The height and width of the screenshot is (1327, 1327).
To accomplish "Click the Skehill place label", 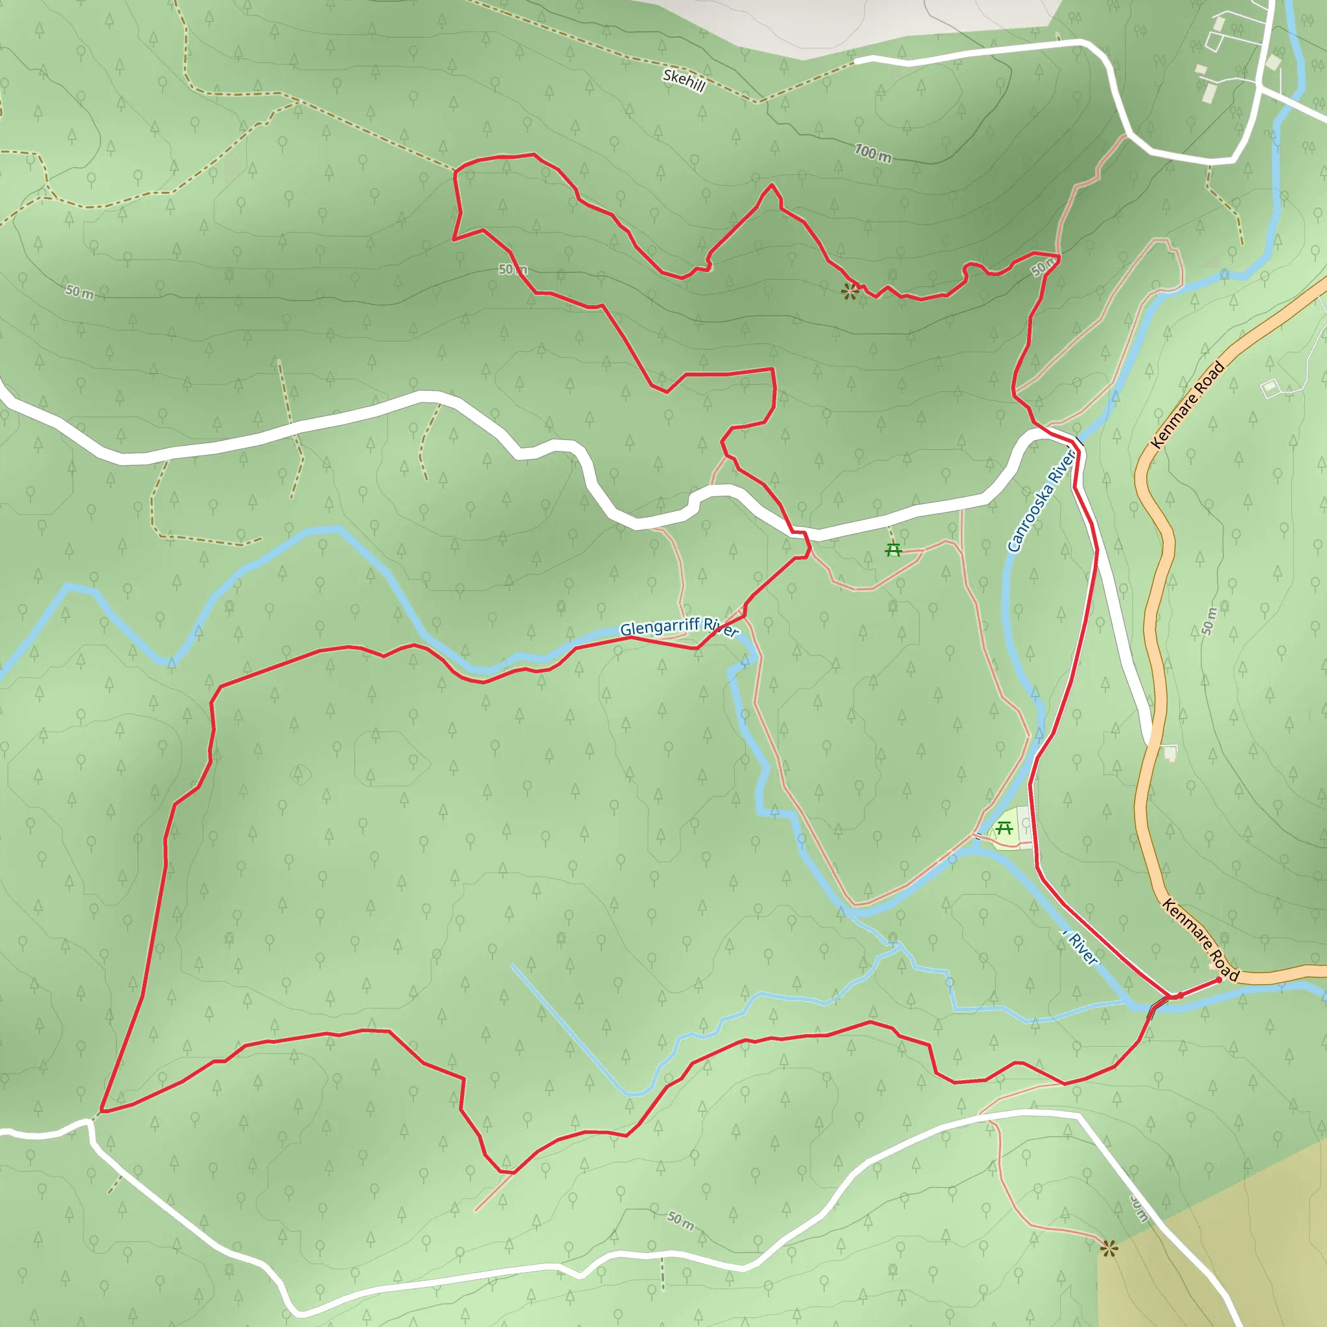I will click(684, 80).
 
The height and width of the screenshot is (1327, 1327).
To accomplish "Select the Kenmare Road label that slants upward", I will click(1188, 405).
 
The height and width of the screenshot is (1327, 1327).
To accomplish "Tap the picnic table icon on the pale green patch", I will click(1004, 827).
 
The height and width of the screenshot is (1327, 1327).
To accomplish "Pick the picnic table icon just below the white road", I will click(893, 549).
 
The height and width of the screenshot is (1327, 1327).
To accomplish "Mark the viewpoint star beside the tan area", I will click(1108, 1249).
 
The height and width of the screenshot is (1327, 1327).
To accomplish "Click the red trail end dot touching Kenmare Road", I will click(1219, 980).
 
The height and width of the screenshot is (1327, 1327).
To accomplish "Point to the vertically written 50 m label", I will click(1208, 621).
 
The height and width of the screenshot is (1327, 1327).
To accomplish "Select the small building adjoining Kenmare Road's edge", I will click(1170, 754).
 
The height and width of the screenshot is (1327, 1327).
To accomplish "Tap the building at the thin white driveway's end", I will click(1269, 389).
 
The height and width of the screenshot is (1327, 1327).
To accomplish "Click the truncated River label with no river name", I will click(1082, 949).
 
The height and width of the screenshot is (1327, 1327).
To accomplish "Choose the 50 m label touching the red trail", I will click(1044, 266).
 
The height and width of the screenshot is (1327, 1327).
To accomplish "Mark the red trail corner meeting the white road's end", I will click(101, 1111).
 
